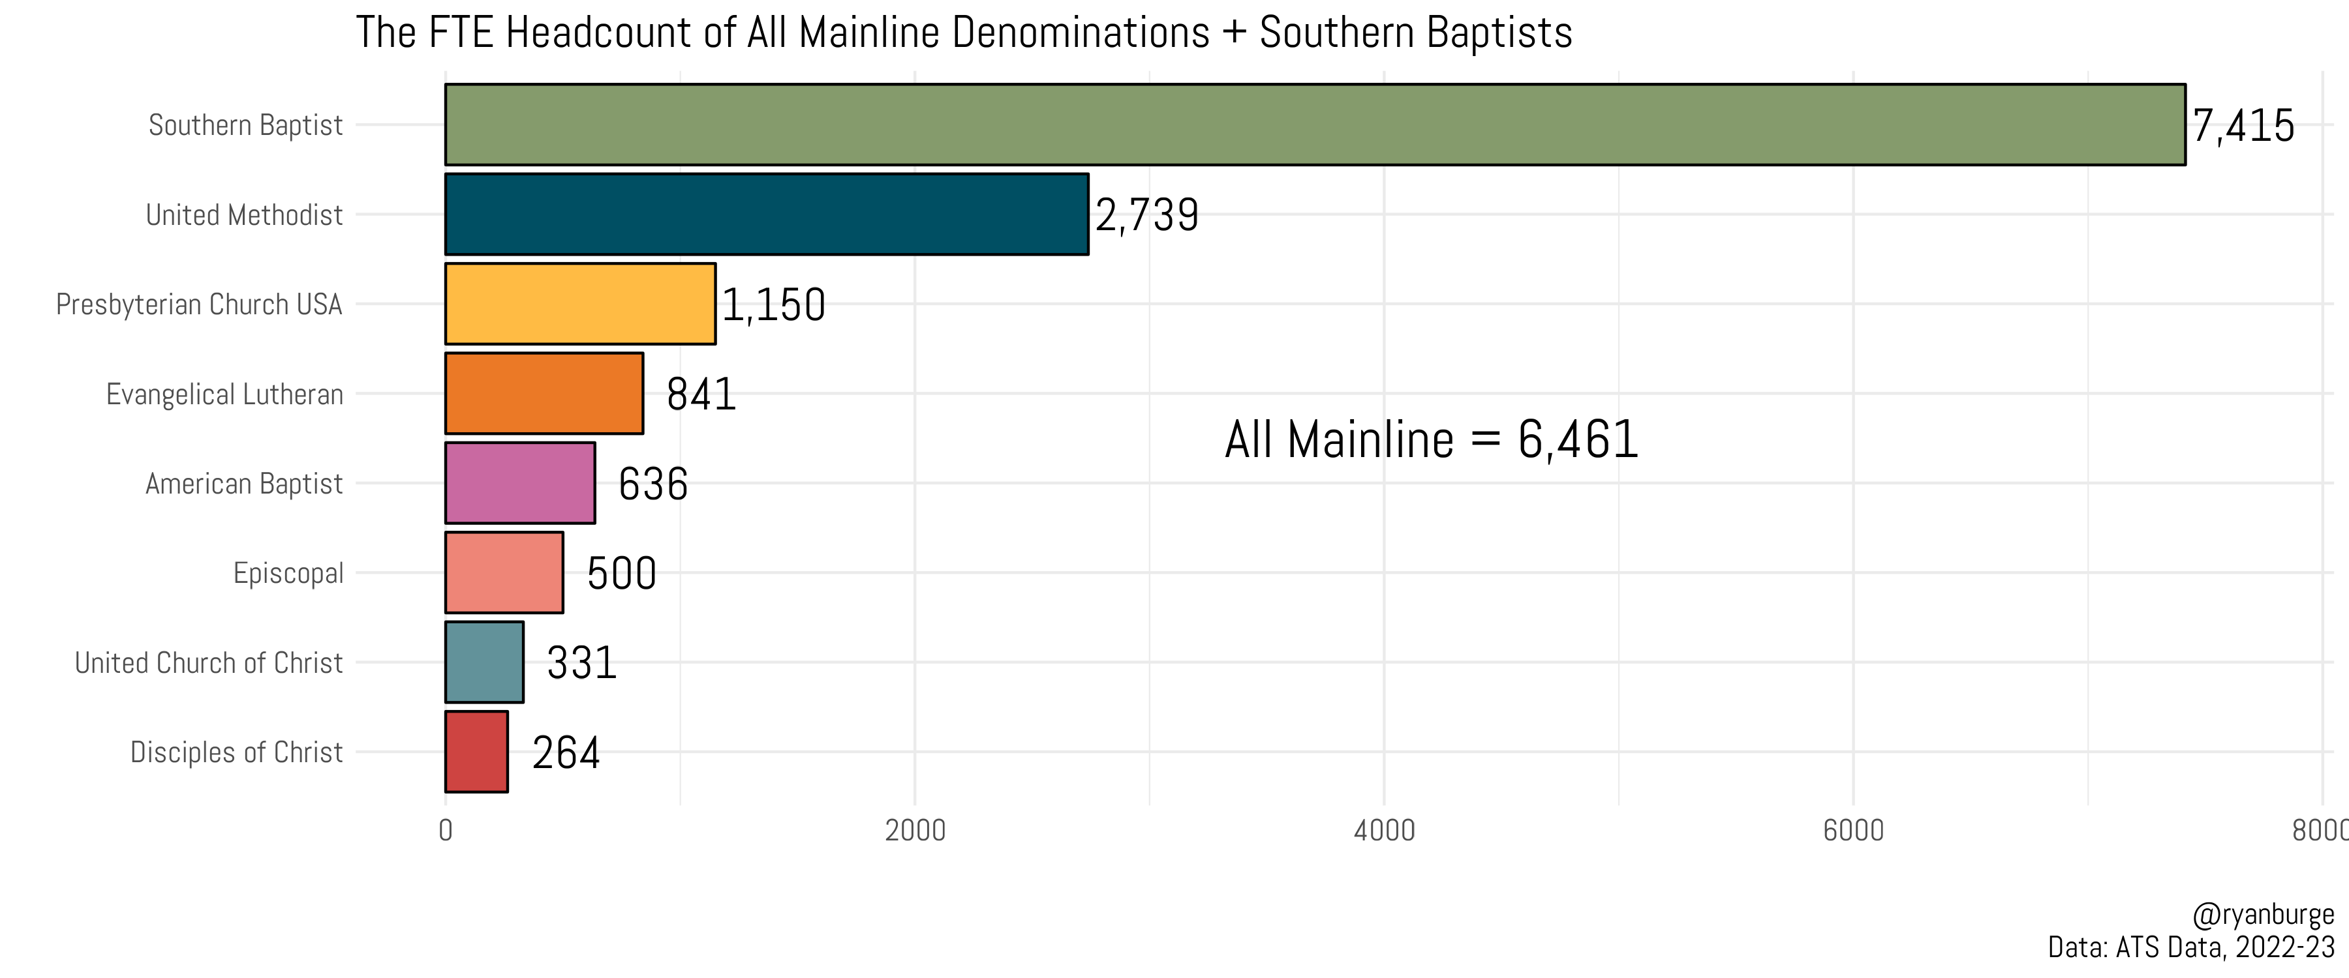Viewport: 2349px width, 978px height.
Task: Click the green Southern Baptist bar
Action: tap(1314, 125)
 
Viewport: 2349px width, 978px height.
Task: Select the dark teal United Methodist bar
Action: tap(766, 215)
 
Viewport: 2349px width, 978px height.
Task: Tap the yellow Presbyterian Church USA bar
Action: tap(580, 304)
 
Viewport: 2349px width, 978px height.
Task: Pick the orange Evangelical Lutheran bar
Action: tap(544, 394)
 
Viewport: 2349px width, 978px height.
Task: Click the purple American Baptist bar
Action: tap(520, 483)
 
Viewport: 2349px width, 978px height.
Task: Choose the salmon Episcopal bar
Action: tap(503, 572)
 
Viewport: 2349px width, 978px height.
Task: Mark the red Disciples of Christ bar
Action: tap(476, 752)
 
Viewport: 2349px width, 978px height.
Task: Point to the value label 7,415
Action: tap(2242, 126)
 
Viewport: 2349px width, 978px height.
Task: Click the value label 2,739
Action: tap(1146, 215)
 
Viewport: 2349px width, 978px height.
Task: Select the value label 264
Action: tap(565, 753)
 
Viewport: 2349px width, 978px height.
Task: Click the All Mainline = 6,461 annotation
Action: tap(1431, 439)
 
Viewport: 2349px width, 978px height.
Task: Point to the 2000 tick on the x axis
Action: tap(915, 831)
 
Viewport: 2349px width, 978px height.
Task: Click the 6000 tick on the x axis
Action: tap(1853, 831)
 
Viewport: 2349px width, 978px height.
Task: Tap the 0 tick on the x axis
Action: tap(445, 831)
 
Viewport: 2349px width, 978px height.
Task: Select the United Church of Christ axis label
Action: tap(209, 662)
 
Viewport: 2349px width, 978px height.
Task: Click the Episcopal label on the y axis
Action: tap(288, 573)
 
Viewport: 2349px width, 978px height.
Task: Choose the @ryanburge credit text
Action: tap(2262, 914)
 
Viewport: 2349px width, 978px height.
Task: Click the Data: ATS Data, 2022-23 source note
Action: tap(2190, 947)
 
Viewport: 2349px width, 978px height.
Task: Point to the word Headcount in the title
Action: tap(600, 33)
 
